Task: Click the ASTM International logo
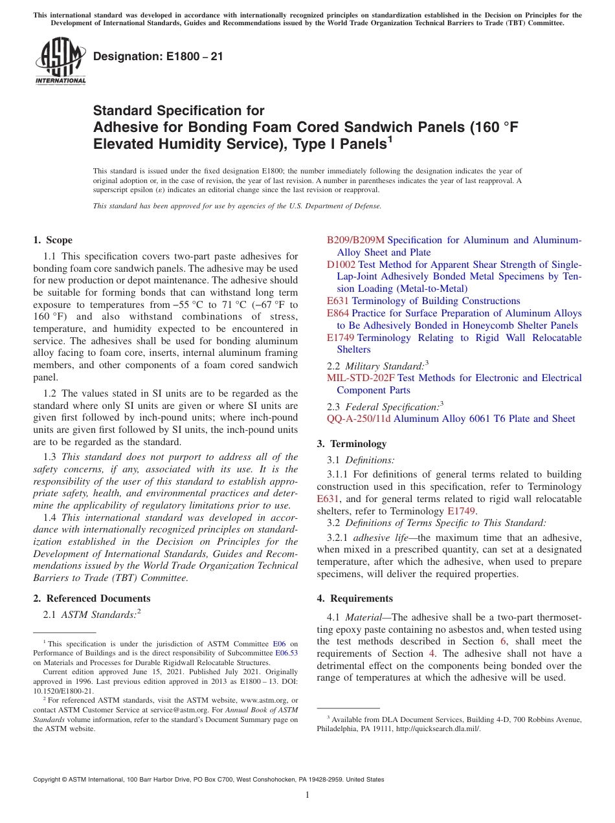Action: pyautogui.click(x=60, y=62)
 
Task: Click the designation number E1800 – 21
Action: pyautogui.click(x=158, y=56)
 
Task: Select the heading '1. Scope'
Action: pyautogui.click(x=53, y=240)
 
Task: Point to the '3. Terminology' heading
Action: pyautogui.click(x=352, y=444)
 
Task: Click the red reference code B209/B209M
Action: pyautogui.click(x=355, y=240)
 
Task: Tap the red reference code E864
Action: pyautogui.click(x=338, y=313)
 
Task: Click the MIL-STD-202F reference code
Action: pyautogui.click(x=361, y=378)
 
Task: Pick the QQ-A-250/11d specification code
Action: pyautogui.click(x=359, y=419)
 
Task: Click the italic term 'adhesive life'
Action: pyautogui.click(x=371, y=538)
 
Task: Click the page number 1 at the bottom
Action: pyautogui.click(x=307, y=795)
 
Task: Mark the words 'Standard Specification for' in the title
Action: pyautogui.click(x=179, y=111)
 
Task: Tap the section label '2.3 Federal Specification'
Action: pyautogui.click(x=383, y=407)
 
